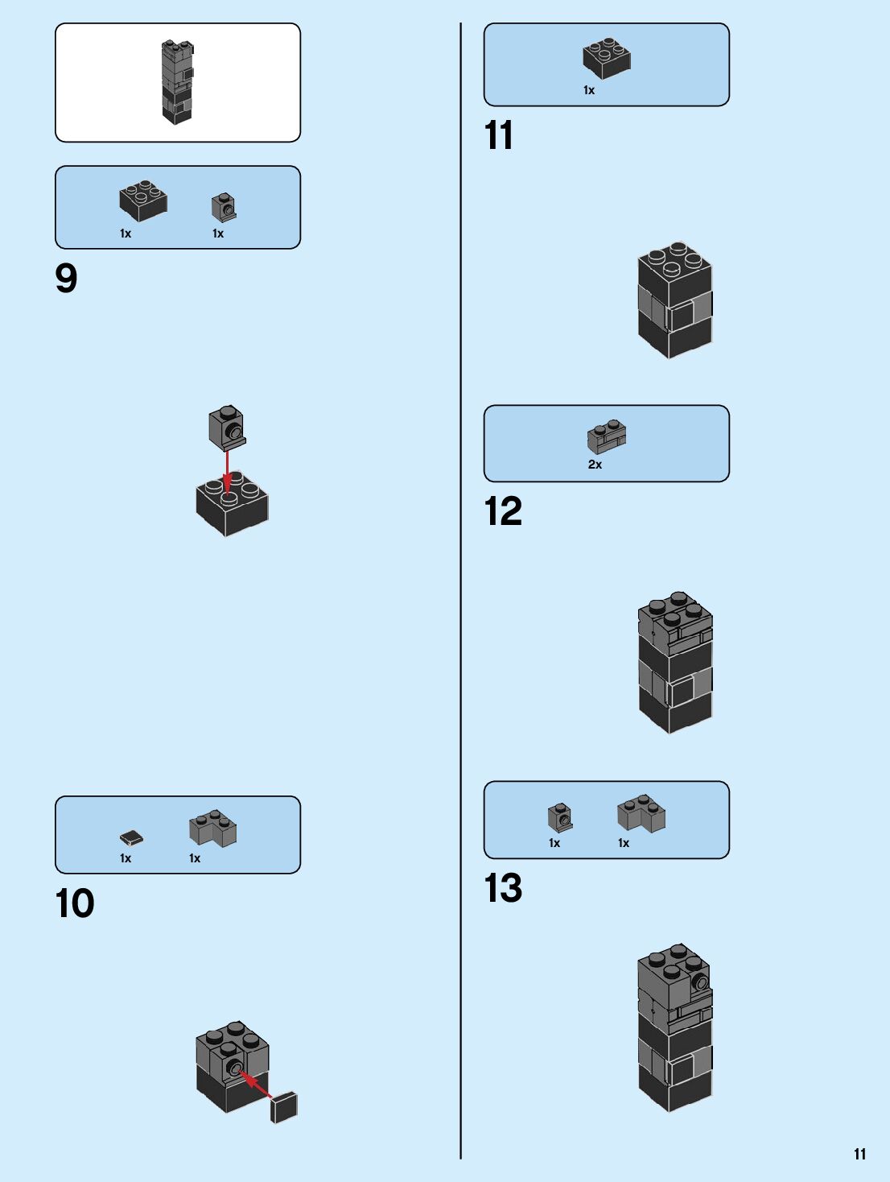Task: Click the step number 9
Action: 66,279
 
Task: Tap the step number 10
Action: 75,903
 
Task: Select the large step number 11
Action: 499,135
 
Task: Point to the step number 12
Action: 503,511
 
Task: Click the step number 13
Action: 503,888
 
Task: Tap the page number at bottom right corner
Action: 860,1154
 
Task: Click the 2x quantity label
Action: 595,465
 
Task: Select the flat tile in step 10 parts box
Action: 132,838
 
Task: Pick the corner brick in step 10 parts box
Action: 213,829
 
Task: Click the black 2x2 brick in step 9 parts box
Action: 143,200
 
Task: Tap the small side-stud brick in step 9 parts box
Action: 224,206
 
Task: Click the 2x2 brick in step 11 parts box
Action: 607,57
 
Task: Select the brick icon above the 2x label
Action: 607,437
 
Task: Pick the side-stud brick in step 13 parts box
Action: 560,817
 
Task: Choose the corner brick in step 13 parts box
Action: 641,813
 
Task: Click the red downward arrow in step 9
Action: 227,471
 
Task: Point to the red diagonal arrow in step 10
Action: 257,1084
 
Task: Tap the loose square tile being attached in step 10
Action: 284,1107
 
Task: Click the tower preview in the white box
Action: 178,82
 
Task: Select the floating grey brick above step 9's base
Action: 227,427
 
